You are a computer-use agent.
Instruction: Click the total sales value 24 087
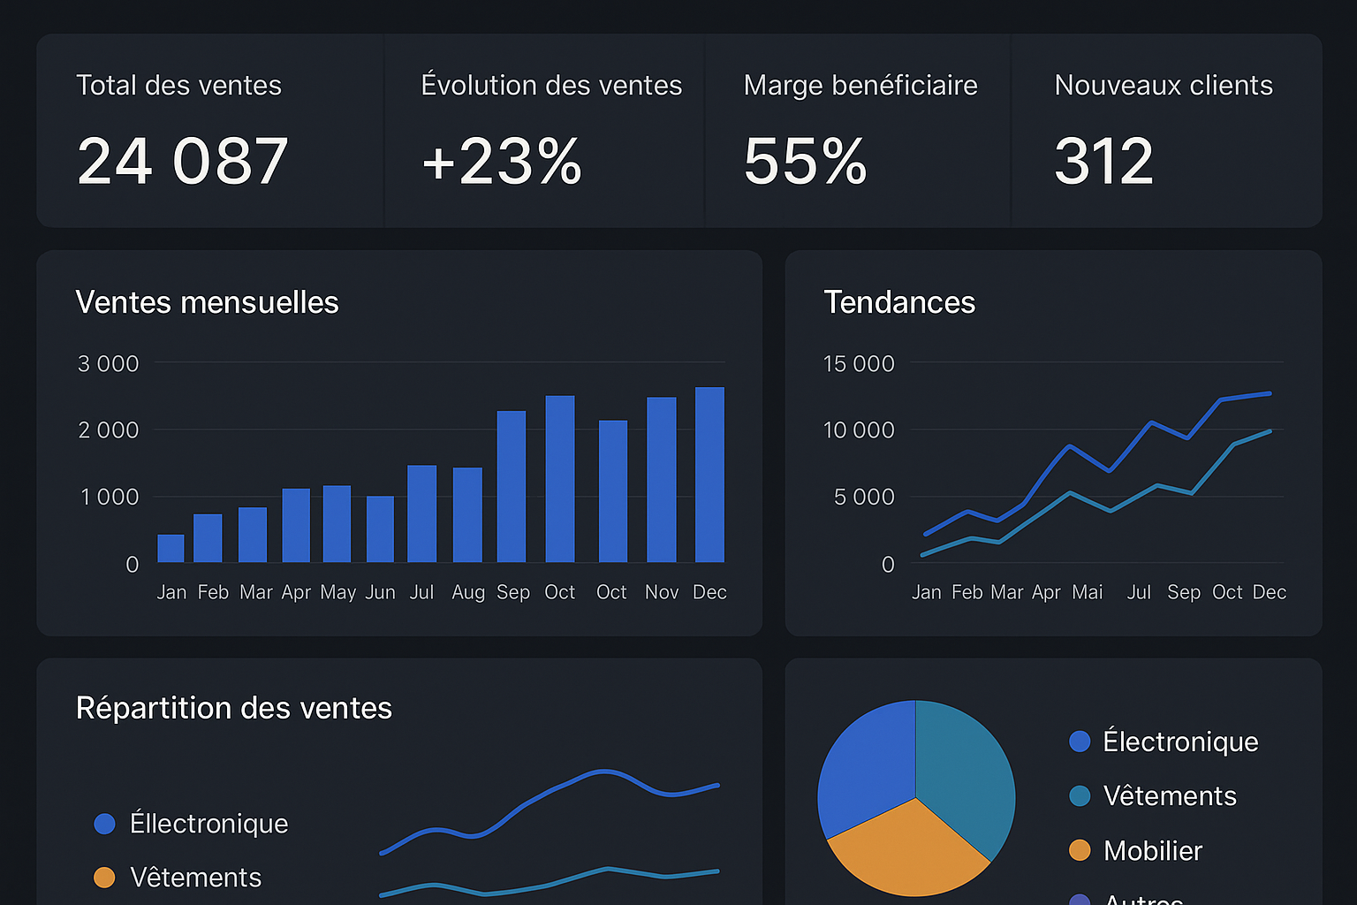(x=182, y=162)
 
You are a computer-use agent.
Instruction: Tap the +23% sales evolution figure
(x=502, y=162)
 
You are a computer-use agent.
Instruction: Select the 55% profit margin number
(x=805, y=162)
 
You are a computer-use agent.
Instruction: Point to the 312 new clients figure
(x=1103, y=162)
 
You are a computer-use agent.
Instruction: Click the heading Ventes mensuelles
(x=207, y=302)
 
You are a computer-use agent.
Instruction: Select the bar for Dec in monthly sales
(x=709, y=475)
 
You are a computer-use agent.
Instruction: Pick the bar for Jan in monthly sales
(x=171, y=549)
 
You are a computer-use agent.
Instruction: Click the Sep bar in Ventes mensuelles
(x=512, y=487)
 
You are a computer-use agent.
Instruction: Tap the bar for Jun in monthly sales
(x=380, y=529)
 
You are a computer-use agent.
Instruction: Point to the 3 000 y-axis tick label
(x=108, y=363)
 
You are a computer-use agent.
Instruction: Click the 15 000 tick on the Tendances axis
(x=858, y=363)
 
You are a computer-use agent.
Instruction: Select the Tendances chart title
(x=899, y=302)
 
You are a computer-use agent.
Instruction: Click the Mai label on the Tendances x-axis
(x=1087, y=592)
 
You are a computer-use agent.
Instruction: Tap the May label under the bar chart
(x=337, y=592)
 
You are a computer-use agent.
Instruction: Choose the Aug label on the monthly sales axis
(x=467, y=592)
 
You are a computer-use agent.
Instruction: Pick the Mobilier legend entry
(x=1152, y=850)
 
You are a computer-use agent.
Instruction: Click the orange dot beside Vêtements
(x=104, y=877)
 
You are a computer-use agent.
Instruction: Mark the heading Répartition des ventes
(x=233, y=708)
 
